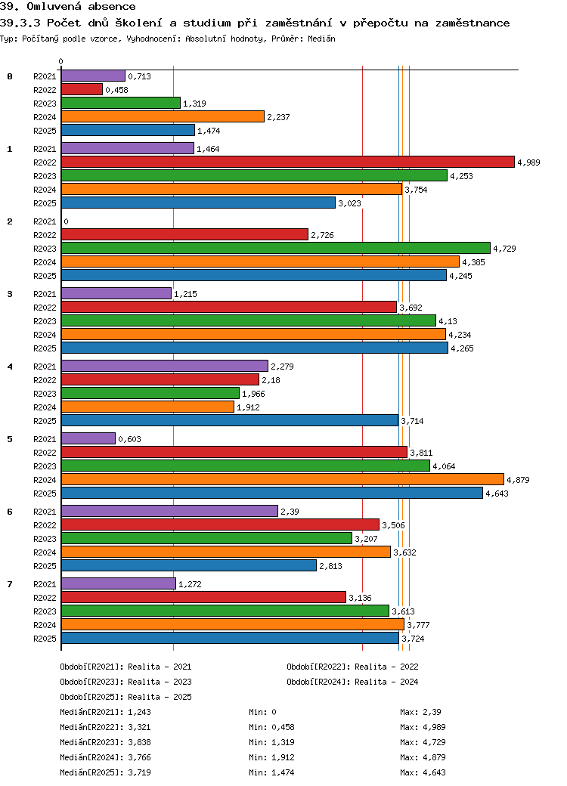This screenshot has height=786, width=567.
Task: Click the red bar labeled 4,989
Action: [x=288, y=162]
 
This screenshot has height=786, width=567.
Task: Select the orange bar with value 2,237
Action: [x=163, y=117]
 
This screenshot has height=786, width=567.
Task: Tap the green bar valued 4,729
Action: [x=276, y=248]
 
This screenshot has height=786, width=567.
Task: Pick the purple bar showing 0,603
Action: [x=88, y=438]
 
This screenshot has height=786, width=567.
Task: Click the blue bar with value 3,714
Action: [x=230, y=420]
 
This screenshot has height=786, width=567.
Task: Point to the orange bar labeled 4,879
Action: [x=283, y=480]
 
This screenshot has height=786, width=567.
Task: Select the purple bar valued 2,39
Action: [x=169, y=512]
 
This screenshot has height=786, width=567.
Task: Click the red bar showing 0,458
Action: [x=82, y=90]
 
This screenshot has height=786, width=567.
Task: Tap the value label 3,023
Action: [x=349, y=203]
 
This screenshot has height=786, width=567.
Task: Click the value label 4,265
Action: [x=462, y=348]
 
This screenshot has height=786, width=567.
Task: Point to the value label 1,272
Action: [x=190, y=584]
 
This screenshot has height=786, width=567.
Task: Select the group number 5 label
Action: [x=10, y=439]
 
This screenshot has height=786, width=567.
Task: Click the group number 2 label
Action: [x=10, y=221]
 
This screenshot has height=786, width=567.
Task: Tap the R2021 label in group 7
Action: [x=45, y=584]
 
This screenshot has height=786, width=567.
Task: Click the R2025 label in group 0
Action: [x=45, y=131]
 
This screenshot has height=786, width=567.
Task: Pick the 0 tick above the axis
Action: [x=61, y=62]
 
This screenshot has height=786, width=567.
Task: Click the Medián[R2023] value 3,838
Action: [x=139, y=742]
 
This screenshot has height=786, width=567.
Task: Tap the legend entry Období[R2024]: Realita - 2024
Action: [x=352, y=682]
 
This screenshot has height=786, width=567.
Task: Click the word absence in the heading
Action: [x=112, y=7]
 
